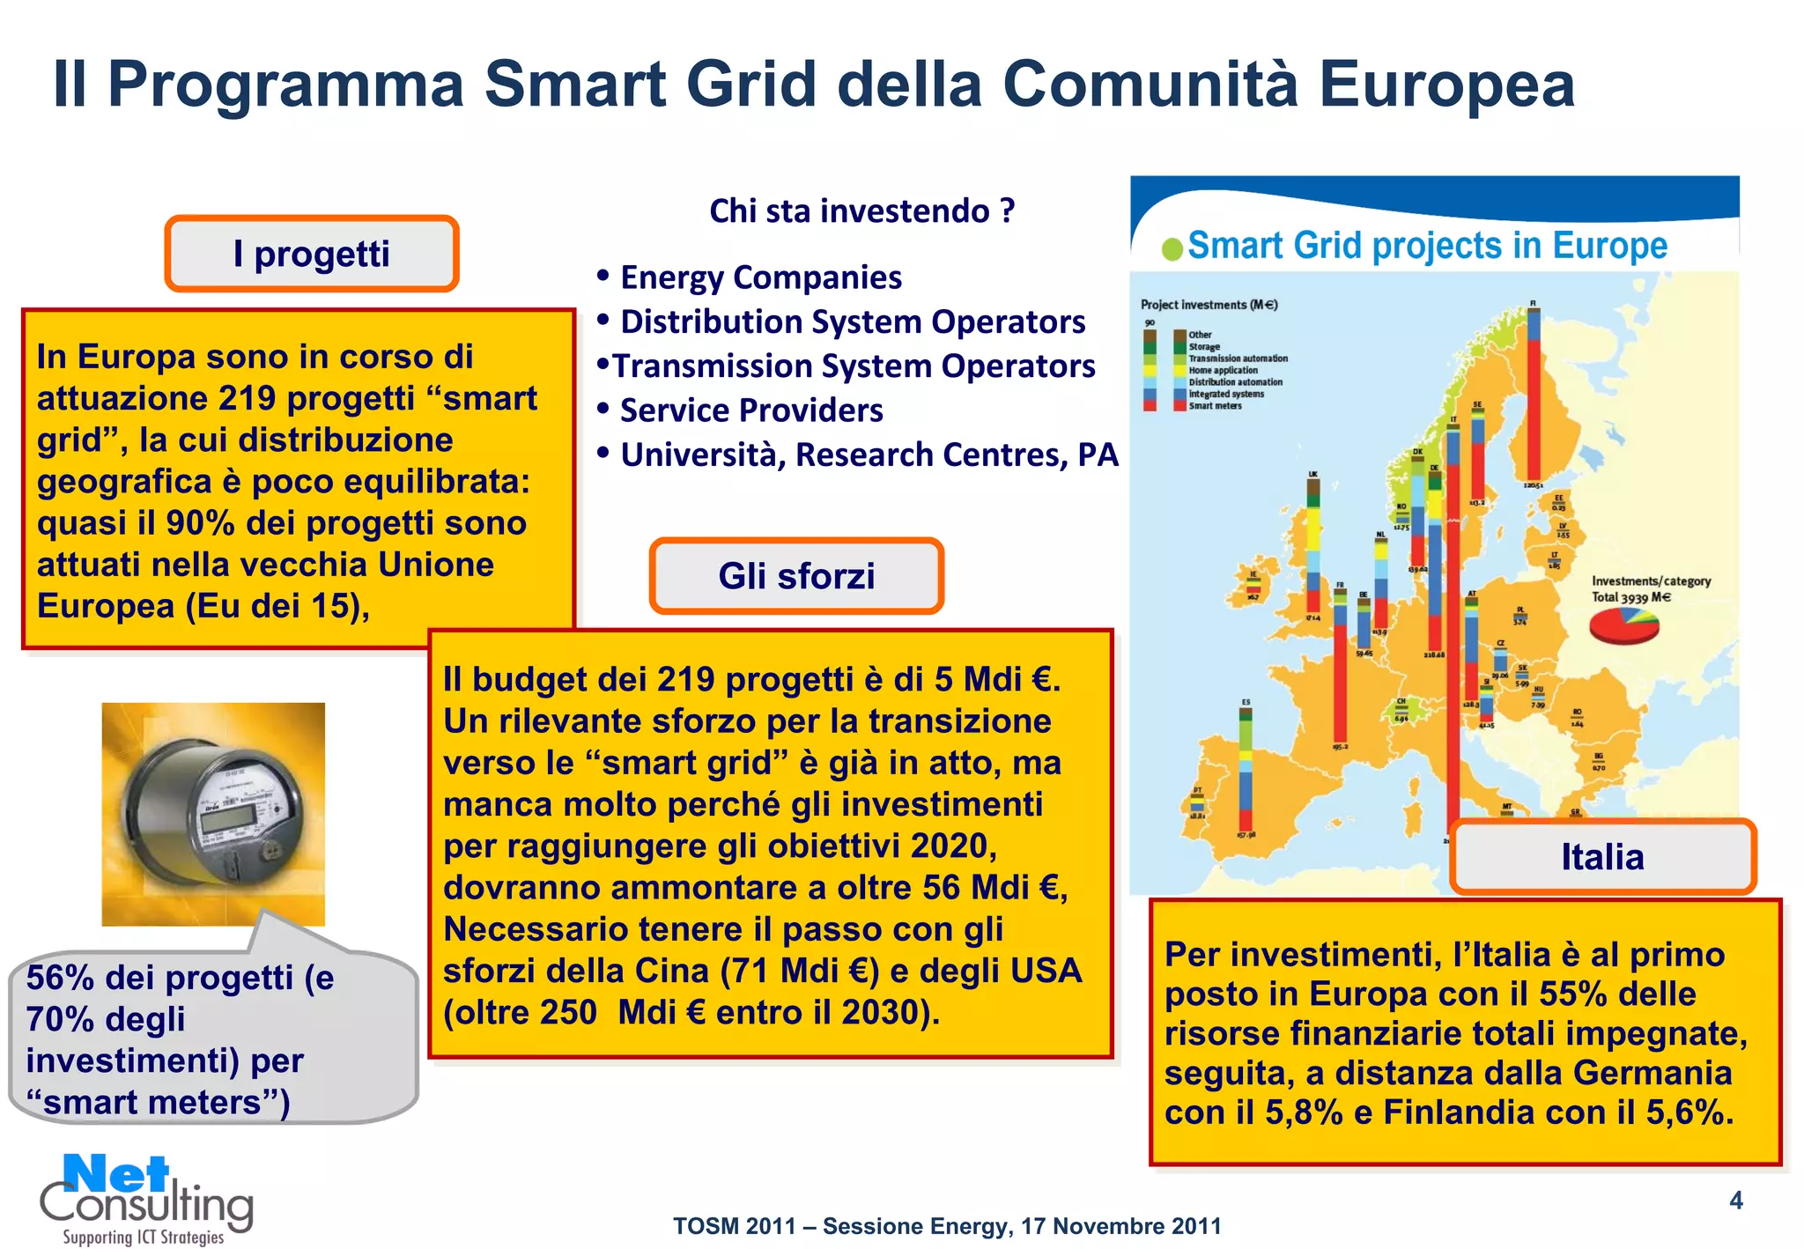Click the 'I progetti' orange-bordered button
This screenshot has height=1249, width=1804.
point(311,254)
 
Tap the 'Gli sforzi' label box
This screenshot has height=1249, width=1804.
point(796,576)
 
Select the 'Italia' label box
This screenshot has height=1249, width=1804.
point(1602,857)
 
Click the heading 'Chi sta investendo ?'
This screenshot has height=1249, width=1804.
point(861,211)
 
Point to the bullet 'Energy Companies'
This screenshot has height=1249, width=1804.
point(760,277)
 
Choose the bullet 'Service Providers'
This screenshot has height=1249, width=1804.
point(750,410)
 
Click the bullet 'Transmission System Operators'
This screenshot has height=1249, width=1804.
point(853,366)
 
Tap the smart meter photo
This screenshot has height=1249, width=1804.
point(213,814)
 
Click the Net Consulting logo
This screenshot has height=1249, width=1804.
point(145,1198)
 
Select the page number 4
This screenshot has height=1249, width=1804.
point(1735,1201)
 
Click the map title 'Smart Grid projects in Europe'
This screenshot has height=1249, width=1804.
point(1427,246)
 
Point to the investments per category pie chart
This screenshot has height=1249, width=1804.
point(1623,624)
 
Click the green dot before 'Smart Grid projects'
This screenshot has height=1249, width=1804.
point(1172,249)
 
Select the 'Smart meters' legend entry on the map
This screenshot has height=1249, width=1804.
point(1215,406)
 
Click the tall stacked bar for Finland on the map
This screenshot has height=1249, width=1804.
point(1534,396)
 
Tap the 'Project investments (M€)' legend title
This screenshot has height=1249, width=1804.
point(1209,305)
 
